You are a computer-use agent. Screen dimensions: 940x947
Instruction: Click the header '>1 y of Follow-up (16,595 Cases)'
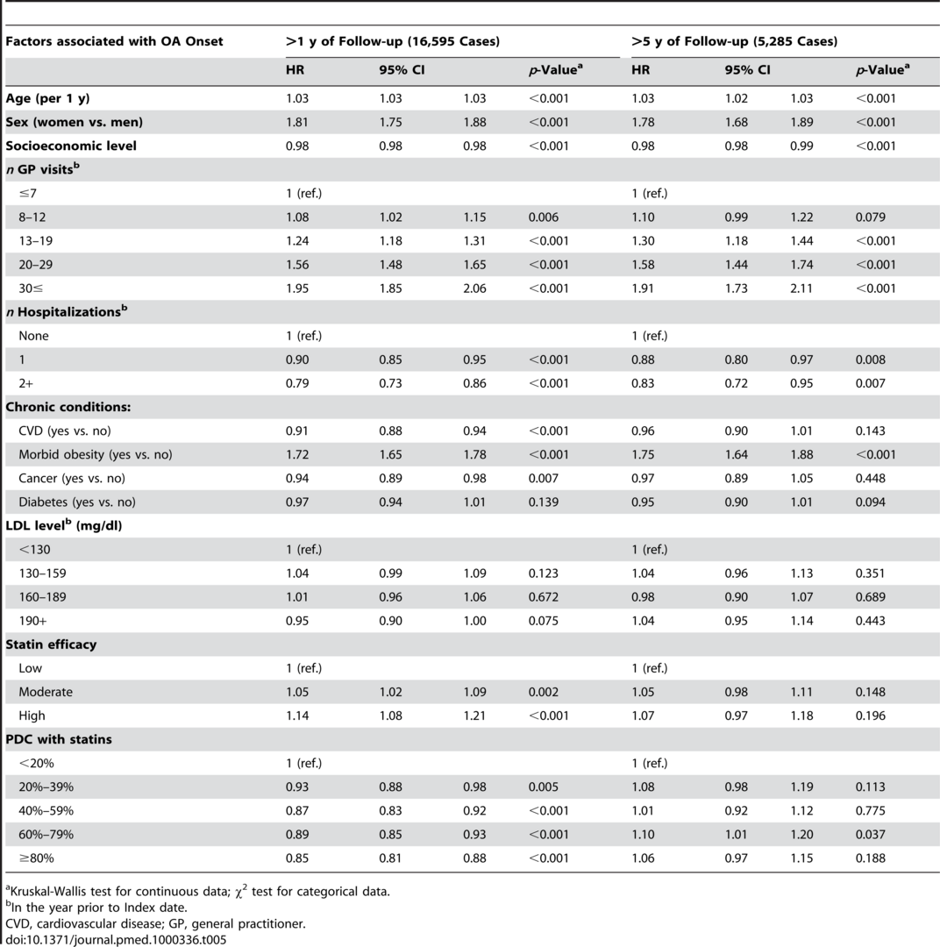tap(393, 41)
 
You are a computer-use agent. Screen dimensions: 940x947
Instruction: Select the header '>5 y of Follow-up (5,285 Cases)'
tap(735, 41)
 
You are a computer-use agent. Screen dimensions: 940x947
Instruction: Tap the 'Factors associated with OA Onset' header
tap(114, 41)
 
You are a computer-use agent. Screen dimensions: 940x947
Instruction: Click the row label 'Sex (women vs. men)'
tap(75, 122)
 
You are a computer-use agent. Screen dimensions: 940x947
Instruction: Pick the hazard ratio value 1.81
tap(297, 122)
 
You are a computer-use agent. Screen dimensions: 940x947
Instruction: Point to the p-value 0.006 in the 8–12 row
tap(543, 217)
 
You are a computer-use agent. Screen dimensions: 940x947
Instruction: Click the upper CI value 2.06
tap(475, 288)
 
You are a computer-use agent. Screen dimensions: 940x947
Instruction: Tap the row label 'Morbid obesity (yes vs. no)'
tap(96, 454)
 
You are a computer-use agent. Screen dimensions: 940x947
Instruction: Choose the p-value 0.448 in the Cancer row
tap(871, 479)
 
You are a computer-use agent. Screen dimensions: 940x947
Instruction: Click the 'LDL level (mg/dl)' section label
tap(64, 525)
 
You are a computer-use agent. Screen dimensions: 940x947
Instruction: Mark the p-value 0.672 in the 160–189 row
tap(543, 597)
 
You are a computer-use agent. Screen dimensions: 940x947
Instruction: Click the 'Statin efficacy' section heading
tap(51, 644)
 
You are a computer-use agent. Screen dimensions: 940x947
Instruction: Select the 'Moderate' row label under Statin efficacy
tap(46, 692)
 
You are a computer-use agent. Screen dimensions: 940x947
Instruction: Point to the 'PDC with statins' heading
tap(59, 739)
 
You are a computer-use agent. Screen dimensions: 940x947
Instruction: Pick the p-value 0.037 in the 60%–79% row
tap(871, 834)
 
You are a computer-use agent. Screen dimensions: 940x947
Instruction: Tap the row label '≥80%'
tap(36, 858)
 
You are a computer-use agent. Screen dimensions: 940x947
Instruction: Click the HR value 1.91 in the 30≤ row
tap(643, 288)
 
